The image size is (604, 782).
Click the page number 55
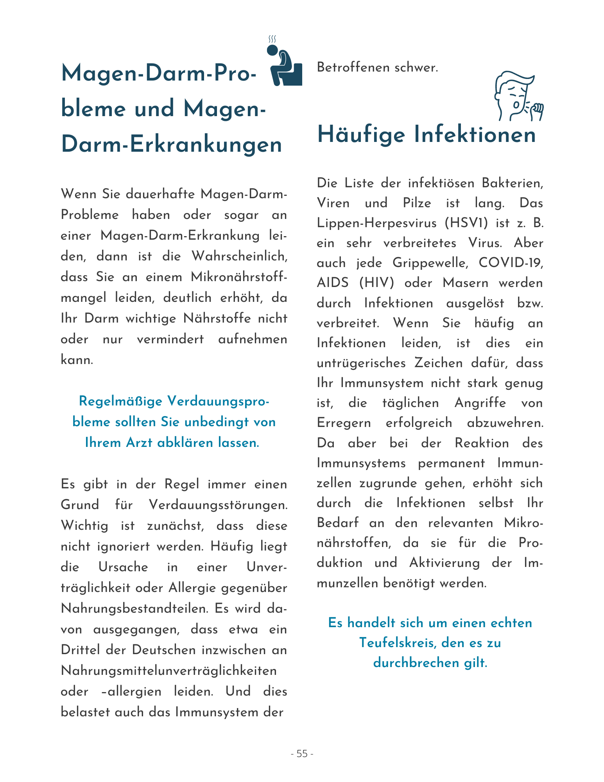pyautogui.click(x=302, y=753)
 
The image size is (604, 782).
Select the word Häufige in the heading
pyautogui.click(x=361, y=135)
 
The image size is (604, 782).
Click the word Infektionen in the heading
pyautogui.click(x=475, y=135)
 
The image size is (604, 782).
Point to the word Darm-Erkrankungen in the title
pyautogui.click(x=172, y=144)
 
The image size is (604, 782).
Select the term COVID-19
pyautogui.click(x=511, y=263)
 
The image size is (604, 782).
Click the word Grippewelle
pyautogui.click(x=430, y=263)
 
